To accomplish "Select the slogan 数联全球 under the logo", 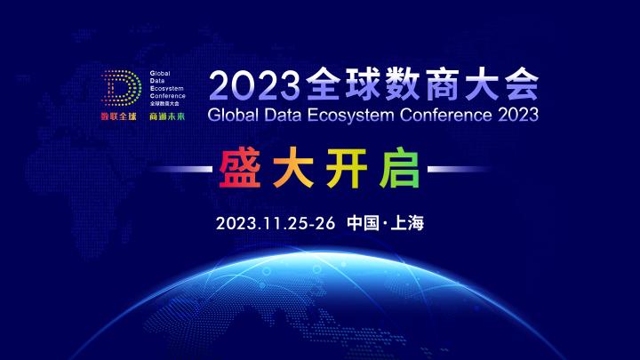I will point(120,116).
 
